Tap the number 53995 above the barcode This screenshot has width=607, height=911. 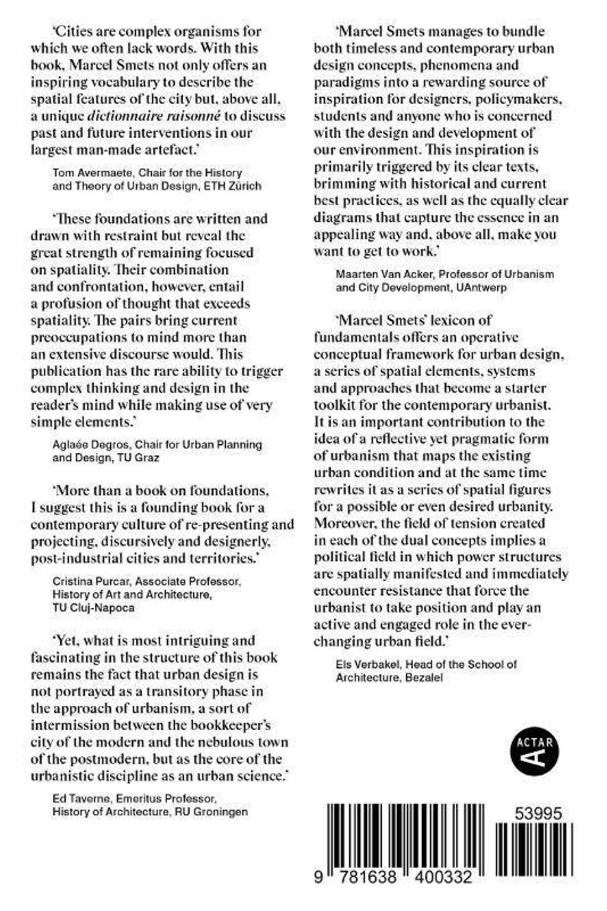coord(538,814)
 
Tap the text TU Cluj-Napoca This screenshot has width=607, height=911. coord(93,607)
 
